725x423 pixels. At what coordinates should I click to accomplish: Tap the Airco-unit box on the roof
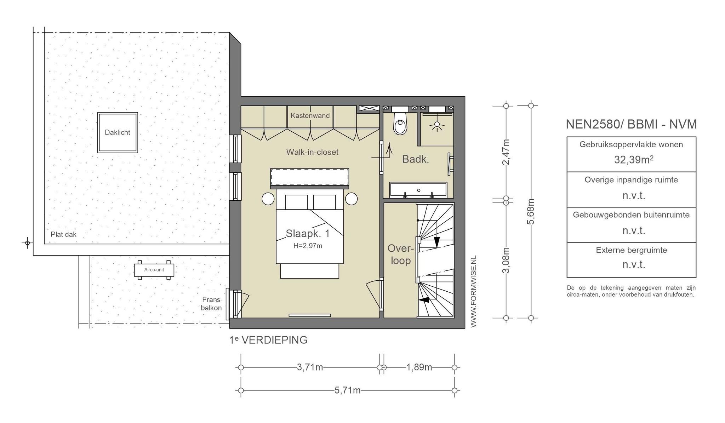(154, 270)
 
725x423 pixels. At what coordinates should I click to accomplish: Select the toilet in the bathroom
(400, 122)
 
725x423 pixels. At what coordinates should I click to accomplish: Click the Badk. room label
(416, 159)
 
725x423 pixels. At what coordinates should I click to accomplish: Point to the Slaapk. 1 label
(308, 234)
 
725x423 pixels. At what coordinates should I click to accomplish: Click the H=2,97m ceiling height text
(308, 246)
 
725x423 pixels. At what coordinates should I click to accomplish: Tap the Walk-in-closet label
(312, 152)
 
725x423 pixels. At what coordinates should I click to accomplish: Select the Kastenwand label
(310, 115)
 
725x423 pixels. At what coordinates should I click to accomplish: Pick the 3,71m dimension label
(310, 367)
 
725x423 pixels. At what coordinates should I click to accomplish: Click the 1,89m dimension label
(419, 367)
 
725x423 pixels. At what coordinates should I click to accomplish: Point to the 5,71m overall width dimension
(348, 390)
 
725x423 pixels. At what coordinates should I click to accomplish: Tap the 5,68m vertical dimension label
(531, 212)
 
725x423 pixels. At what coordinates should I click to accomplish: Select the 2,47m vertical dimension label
(506, 152)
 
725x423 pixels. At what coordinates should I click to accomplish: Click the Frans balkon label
(212, 304)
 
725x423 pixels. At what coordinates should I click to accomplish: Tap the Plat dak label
(64, 234)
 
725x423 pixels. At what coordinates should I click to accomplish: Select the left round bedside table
(268, 199)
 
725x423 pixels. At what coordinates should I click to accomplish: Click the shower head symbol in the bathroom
(437, 124)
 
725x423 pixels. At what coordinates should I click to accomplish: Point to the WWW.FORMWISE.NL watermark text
(474, 291)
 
